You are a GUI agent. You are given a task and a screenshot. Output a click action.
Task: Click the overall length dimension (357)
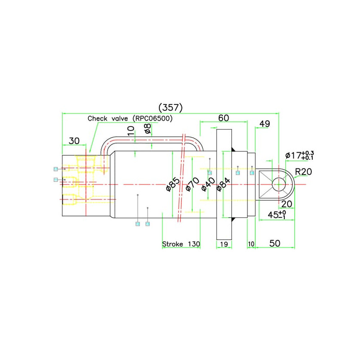(170, 108)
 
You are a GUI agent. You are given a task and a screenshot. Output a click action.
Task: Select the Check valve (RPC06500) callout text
(130, 118)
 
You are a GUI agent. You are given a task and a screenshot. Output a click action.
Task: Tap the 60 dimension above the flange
(224, 118)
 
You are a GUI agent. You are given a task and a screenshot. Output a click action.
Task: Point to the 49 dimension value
(265, 124)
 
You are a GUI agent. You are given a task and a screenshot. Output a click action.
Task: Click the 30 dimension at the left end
(74, 141)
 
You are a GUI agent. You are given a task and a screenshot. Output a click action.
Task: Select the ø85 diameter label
(172, 184)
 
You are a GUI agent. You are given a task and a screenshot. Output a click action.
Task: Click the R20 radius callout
(304, 171)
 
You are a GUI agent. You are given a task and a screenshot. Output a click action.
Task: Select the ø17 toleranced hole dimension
(299, 155)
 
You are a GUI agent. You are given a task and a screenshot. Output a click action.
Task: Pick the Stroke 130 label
(181, 244)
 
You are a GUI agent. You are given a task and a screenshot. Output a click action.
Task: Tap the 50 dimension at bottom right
(274, 243)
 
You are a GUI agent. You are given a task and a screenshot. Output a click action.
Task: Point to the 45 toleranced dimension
(277, 215)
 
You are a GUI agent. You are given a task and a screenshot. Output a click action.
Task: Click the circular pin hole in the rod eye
(279, 184)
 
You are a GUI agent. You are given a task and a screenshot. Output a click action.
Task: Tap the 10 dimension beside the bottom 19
(251, 244)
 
